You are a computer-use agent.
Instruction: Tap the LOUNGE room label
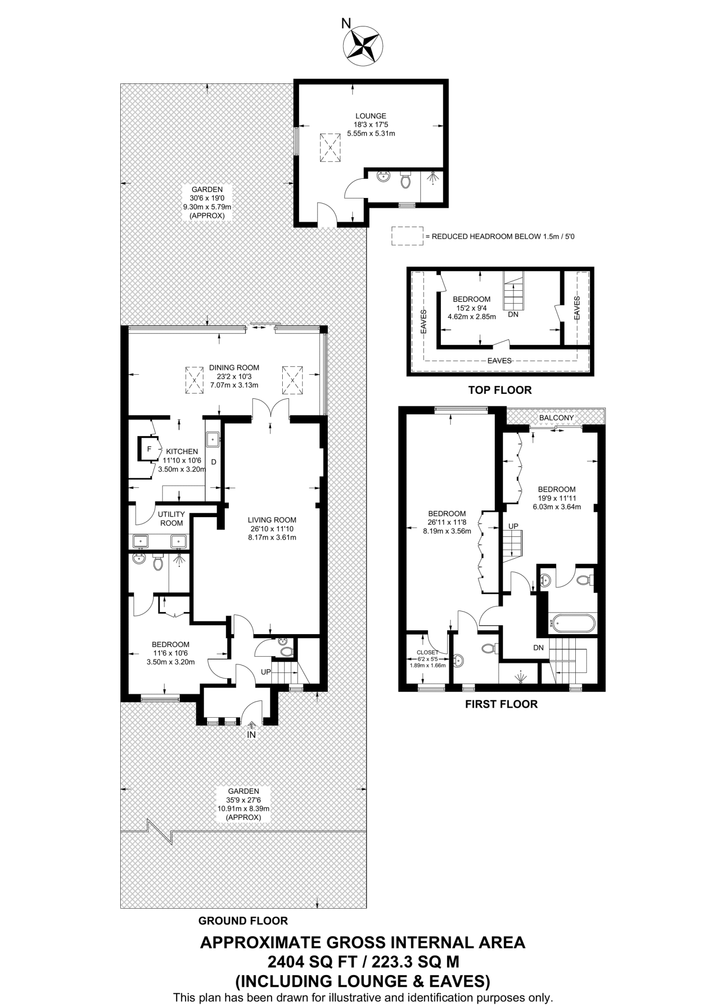point(371,116)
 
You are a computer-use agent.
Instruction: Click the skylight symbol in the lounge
point(330,147)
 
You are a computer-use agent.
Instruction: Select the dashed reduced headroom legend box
point(407,236)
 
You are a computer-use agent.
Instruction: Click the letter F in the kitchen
point(149,449)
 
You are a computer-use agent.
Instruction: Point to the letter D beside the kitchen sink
point(214,462)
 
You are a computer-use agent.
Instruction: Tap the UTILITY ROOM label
point(171,519)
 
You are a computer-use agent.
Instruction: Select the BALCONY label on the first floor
point(556,418)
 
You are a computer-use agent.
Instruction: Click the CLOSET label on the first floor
point(428,652)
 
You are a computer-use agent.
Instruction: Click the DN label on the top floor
point(513,314)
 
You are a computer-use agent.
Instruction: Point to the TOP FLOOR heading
point(500,390)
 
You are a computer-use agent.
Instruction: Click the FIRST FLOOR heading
point(501,704)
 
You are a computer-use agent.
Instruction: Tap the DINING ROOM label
point(234,367)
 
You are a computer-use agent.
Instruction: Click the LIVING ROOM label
point(272,520)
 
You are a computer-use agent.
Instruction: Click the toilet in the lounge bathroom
point(405,181)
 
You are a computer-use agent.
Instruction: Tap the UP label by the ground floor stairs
point(266,671)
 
